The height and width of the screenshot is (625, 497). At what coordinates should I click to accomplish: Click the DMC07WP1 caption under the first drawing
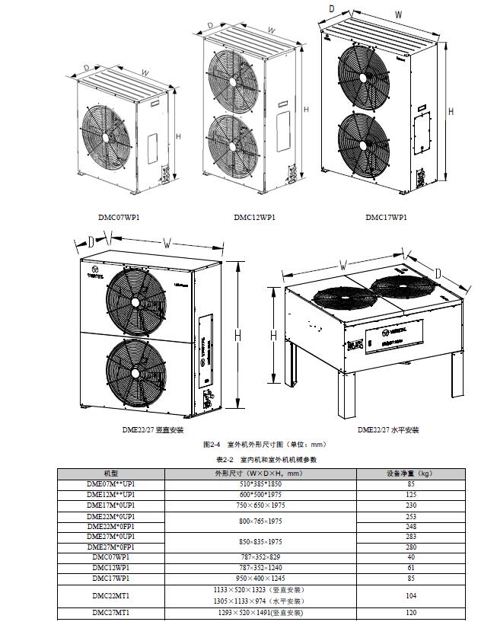[119, 217]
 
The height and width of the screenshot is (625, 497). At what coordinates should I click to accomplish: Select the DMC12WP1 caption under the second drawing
[254, 217]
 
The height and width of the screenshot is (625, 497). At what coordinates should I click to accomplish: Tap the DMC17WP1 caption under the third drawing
[386, 217]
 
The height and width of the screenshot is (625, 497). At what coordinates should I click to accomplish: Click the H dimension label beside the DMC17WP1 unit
[451, 111]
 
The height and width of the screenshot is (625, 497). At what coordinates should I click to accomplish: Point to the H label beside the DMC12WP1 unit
[306, 110]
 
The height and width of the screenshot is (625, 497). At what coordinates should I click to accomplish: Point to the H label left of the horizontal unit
[272, 334]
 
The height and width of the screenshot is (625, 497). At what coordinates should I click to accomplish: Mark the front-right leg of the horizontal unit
[456, 385]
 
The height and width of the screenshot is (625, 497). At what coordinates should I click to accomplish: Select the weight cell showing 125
[410, 494]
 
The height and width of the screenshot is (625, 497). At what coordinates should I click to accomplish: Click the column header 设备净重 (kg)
[410, 474]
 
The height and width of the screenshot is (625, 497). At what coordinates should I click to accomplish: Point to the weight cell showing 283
[410, 537]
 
